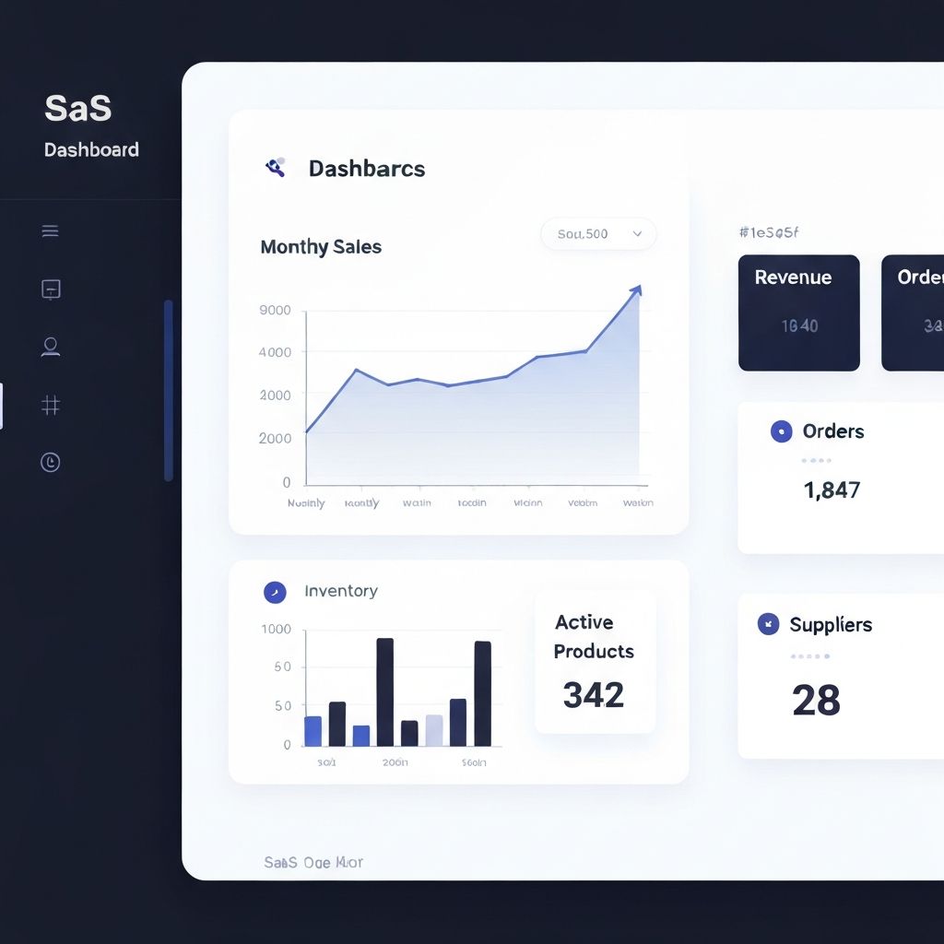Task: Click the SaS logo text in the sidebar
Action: tap(77, 108)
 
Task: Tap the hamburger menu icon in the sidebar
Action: tap(51, 231)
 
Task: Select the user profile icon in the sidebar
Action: tap(51, 347)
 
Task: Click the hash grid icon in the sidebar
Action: tap(51, 405)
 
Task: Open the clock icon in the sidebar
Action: tap(51, 462)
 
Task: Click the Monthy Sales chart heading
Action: tap(321, 247)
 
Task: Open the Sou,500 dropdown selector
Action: tap(598, 234)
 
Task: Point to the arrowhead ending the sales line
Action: tap(635, 291)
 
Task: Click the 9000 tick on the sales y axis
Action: tap(275, 311)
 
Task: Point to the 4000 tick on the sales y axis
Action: tap(275, 352)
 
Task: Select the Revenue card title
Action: tap(793, 277)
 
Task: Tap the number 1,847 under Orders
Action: tap(832, 490)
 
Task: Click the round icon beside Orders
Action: tap(781, 431)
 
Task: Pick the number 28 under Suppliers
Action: tap(816, 701)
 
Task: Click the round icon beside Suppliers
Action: tap(768, 624)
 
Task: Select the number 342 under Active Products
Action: tap(594, 695)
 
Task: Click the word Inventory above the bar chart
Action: tap(340, 591)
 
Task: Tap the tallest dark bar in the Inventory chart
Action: tap(384, 691)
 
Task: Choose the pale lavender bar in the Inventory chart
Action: tap(433, 730)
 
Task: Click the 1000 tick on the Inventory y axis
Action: tap(276, 630)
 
